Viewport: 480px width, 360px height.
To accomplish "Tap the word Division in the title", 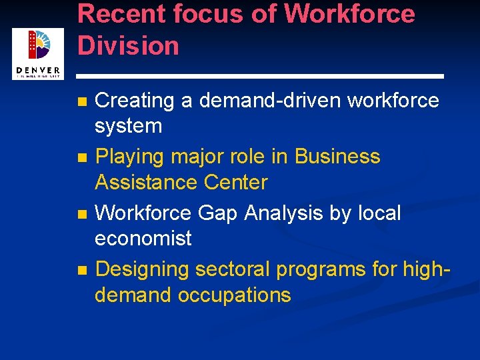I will [129, 46].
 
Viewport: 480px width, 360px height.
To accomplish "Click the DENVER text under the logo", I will [38, 71].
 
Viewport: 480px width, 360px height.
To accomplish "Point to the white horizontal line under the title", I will [260, 75].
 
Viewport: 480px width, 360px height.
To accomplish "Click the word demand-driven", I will [270, 101].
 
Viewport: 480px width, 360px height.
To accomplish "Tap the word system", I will [129, 126].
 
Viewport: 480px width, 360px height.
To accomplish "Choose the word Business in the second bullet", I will [337, 157].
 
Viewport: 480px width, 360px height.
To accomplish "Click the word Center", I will [235, 182].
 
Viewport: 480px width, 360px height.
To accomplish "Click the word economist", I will [143, 238].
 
